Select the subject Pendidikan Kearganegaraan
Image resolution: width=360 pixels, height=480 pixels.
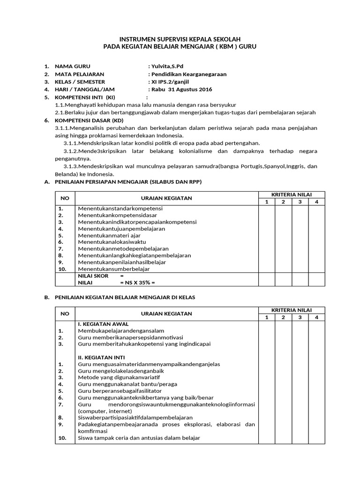[x=188, y=74]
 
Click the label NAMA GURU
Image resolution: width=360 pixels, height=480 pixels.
[x=73, y=67]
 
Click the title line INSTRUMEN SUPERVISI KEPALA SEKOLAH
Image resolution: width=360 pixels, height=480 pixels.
[x=180, y=39]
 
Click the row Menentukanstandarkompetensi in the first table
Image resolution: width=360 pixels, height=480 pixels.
[x=120, y=208]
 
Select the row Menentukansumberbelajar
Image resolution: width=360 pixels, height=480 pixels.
[x=114, y=269]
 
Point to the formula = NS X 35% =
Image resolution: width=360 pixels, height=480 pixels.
[x=137, y=283]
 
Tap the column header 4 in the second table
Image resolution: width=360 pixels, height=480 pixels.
[x=316, y=317]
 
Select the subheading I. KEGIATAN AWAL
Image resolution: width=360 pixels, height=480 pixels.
[x=103, y=324]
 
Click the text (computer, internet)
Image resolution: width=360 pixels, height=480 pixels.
[x=104, y=411]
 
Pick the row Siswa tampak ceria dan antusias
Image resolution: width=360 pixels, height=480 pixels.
[x=139, y=438]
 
